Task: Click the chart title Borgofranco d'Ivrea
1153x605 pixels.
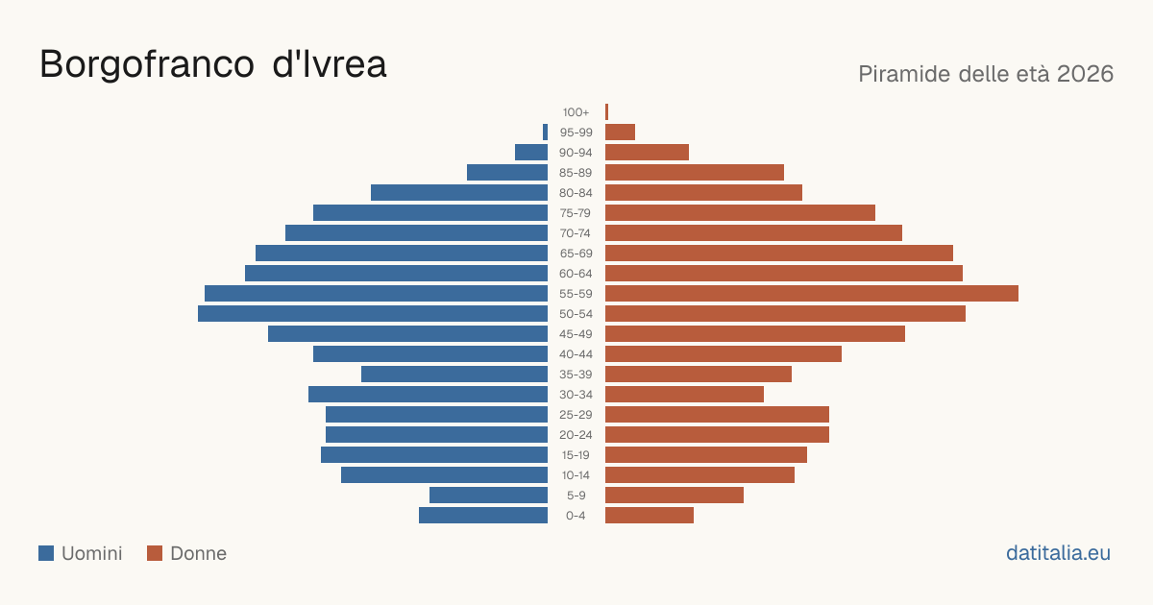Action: (x=212, y=64)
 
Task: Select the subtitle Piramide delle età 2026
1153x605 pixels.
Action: (x=986, y=74)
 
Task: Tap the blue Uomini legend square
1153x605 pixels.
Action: (x=46, y=553)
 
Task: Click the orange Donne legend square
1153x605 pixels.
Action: (x=155, y=553)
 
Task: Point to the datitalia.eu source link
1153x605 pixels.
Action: (x=1058, y=553)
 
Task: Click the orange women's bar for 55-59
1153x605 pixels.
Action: (x=812, y=293)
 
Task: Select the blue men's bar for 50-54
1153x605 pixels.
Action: (x=373, y=314)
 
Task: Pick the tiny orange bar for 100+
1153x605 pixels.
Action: (x=607, y=112)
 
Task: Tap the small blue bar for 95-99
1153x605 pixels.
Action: (x=545, y=133)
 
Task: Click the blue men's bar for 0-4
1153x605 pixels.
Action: (x=483, y=516)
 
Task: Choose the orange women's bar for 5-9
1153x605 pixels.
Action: (x=675, y=496)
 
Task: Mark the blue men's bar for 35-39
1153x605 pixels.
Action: (x=454, y=374)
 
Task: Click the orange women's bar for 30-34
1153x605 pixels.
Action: (x=684, y=395)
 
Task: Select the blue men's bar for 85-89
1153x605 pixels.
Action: (x=507, y=172)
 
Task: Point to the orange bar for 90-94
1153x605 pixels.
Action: (x=647, y=153)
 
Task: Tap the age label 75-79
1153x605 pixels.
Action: (x=576, y=213)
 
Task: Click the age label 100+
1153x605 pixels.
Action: (x=576, y=112)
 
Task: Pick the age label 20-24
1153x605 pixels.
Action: (x=576, y=435)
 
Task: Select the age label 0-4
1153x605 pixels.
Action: (x=576, y=516)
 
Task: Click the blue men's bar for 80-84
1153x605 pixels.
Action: (x=459, y=193)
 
